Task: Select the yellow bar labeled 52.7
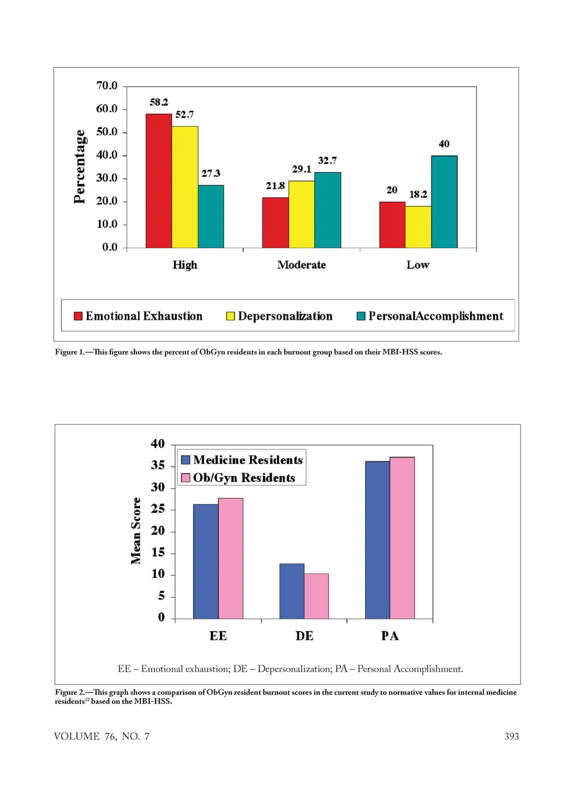pos(185,187)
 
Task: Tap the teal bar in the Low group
pos(444,202)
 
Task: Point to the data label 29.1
pos(301,170)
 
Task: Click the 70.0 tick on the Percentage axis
pos(106,86)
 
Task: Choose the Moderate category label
pos(301,265)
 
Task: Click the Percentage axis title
pos(80,167)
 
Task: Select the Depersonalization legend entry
pos(285,316)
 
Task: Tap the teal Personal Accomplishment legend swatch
pos(361,316)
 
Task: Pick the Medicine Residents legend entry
pos(248,460)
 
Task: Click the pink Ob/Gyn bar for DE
pos(316,596)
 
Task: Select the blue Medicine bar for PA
pos(377,540)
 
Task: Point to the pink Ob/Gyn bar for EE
pos(231,558)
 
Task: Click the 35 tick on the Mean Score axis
pos(158,466)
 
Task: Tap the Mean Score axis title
pos(136,531)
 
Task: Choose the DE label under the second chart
pos(304,636)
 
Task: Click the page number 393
pos(511,736)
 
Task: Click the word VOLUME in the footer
pos(77,736)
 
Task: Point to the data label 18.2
pos(418,194)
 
